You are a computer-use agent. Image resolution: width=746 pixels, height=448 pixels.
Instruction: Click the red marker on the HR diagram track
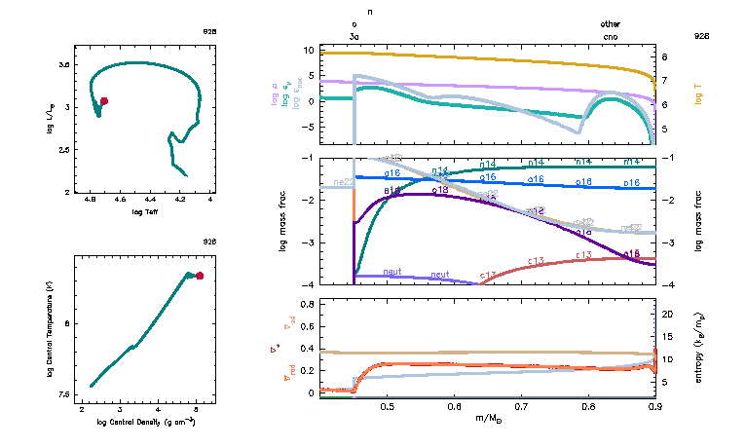[103, 100]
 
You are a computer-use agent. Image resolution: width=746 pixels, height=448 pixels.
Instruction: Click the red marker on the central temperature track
[200, 276]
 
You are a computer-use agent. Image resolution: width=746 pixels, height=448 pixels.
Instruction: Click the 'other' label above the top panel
[610, 24]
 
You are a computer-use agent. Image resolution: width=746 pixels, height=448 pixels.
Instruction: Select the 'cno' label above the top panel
[610, 35]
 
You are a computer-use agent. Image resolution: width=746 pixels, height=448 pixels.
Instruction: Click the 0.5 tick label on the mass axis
[387, 406]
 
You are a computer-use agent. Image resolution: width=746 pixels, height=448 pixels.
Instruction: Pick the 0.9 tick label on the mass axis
[653, 406]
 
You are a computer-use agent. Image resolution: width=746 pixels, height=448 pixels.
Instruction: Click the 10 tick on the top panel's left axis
[336, 49]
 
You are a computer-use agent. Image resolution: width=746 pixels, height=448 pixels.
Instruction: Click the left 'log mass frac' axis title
[283, 221]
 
